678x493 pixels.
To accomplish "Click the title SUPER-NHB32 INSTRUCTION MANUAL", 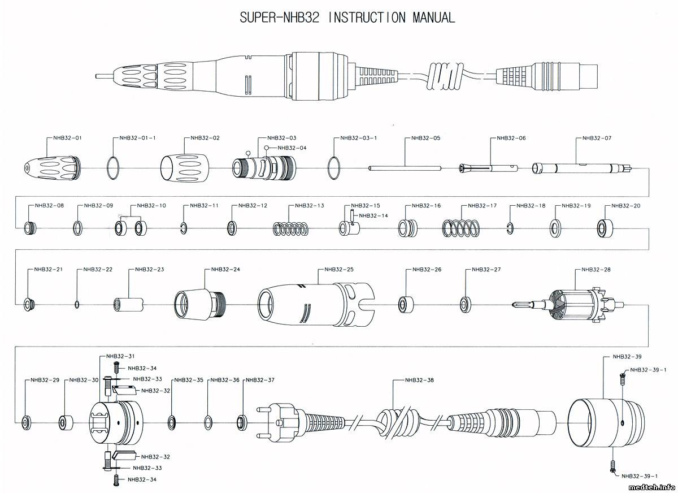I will pos(347,18).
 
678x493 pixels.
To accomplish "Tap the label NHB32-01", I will pos(68,138).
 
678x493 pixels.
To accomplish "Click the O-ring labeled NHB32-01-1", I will pos(114,167).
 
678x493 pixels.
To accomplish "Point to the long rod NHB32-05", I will pos(405,167).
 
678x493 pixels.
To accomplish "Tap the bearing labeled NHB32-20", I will pos(605,228).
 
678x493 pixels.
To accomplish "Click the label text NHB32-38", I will pos(419,380).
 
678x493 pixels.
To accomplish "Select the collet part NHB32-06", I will pos(489,167).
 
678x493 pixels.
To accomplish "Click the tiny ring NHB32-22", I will pos(77,305).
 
